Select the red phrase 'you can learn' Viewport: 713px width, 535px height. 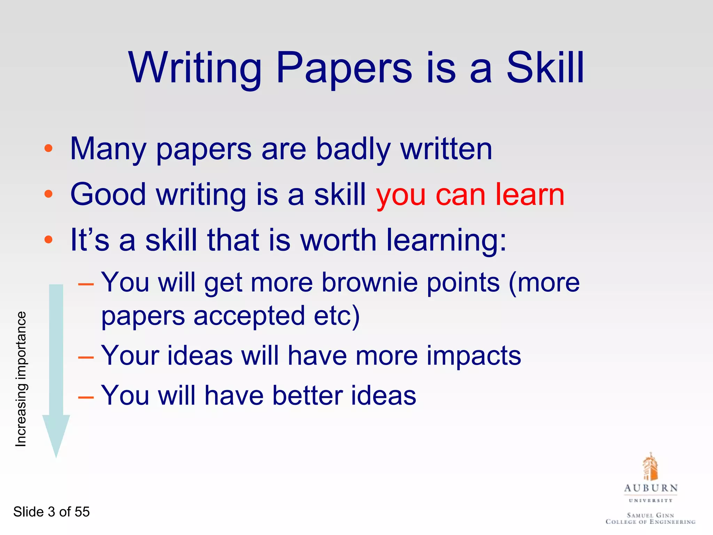coord(470,195)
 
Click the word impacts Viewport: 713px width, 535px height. coord(473,356)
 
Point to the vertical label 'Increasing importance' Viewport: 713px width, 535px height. coord(21,379)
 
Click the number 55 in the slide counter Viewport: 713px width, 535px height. coord(82,512)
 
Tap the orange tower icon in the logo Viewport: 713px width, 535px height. coord(650,467)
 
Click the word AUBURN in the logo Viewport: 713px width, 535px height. coord(651,488)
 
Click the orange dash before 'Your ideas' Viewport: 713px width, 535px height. coord(86,357)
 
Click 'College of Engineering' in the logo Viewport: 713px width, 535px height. coord(650,522)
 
